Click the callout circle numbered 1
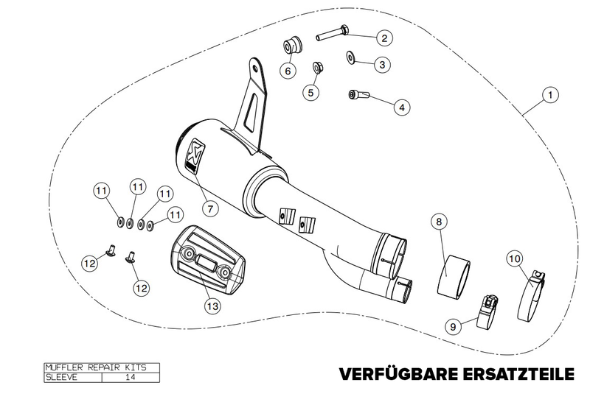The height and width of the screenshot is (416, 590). (x=550, y=95)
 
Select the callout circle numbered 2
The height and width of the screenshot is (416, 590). (x=384, y=38)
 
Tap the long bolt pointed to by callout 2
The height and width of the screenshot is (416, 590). (x=333, y=32)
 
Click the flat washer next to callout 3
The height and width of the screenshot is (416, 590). (x=351, y=57)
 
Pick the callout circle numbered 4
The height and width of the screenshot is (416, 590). (x=402, y=107)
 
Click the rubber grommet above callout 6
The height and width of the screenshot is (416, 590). (x=292, y=46)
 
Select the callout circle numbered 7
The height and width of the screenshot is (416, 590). (x=210, y=208)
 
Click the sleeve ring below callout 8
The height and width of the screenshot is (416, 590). (x=454, y=276)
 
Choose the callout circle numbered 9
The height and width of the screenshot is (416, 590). (x=453, y=326)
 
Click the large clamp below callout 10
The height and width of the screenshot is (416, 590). (x=531, y=296)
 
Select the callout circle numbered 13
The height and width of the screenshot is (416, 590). (x=212, y=306)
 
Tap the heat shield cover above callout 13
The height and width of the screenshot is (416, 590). (x=208, y=261)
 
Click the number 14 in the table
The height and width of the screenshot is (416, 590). (x=130, y=377)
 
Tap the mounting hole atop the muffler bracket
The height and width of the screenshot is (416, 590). (x=255, y=68)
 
